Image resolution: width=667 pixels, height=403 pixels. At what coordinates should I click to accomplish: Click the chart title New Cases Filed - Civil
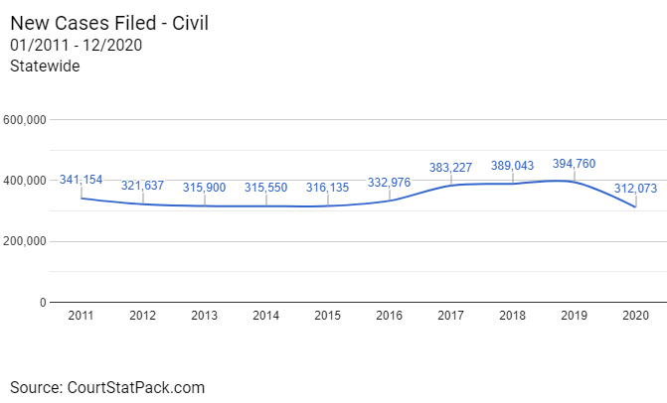coord(109,21)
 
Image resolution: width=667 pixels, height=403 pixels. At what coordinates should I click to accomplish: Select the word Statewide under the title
coord(45,66)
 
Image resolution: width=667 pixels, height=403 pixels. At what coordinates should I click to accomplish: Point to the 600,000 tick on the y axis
coord(27,120)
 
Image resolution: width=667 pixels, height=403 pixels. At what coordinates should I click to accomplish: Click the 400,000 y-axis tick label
coord(27,181)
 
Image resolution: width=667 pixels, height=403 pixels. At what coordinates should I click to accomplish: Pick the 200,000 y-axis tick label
coord(27,241)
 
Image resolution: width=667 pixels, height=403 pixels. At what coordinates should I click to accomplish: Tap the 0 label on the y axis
coord(43,302)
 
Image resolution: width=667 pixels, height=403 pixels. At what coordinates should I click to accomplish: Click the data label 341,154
coord(81,180)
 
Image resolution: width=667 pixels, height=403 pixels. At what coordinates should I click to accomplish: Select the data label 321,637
coord(143,186)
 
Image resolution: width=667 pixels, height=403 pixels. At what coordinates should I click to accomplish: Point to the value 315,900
coord(205,188)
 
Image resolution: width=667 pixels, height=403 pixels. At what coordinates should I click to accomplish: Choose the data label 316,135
coord(328,188)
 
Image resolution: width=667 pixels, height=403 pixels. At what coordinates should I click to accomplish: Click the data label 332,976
coord(390,182)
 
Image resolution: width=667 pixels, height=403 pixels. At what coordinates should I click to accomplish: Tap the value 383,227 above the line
coord(451,168)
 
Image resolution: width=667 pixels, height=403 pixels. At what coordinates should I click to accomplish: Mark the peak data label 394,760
coord(575,164)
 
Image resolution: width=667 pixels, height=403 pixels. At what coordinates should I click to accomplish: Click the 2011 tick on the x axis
coord(82,316)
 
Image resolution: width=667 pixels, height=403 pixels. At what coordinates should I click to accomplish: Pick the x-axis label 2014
coord(266,316)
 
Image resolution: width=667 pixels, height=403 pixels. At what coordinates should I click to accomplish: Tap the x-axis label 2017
coord(451,316)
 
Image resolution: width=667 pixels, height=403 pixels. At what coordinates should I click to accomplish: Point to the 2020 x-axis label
coord(636,316)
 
